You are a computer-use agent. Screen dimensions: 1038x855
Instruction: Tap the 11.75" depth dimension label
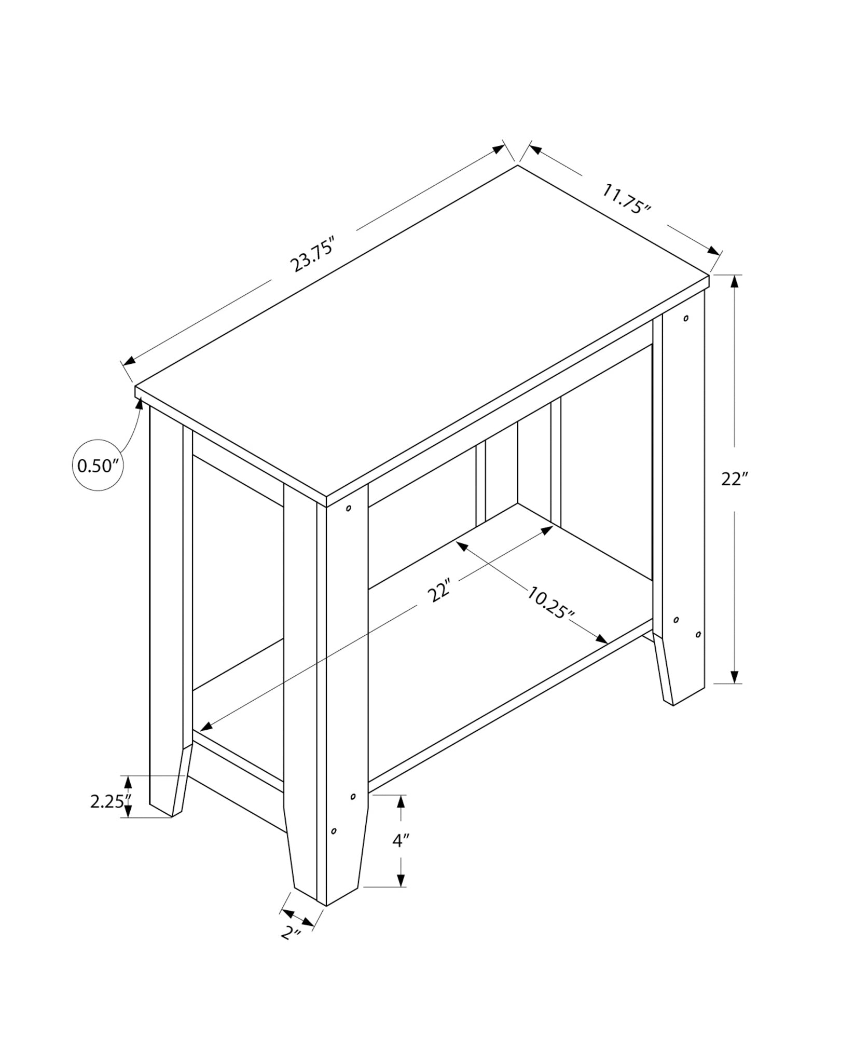click(626, 198)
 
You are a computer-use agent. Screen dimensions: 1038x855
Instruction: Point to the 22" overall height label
click(734, 479)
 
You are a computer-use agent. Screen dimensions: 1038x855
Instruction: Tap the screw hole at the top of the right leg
click(686, 318)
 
